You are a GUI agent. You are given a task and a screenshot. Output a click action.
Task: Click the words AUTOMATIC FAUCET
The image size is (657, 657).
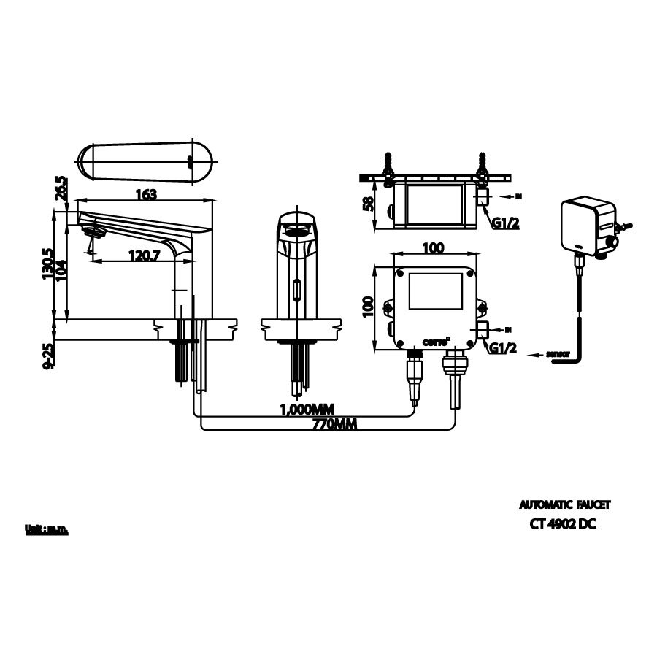564,504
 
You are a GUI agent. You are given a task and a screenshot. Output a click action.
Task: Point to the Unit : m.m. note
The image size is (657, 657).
46,530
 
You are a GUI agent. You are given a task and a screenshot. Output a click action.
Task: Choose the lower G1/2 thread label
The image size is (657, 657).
504,349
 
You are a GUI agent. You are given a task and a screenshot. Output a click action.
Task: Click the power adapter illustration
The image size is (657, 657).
588,227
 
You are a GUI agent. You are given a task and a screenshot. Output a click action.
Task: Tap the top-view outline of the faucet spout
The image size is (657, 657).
145,161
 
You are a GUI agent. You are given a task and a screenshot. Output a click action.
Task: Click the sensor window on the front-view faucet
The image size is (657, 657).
296,291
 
